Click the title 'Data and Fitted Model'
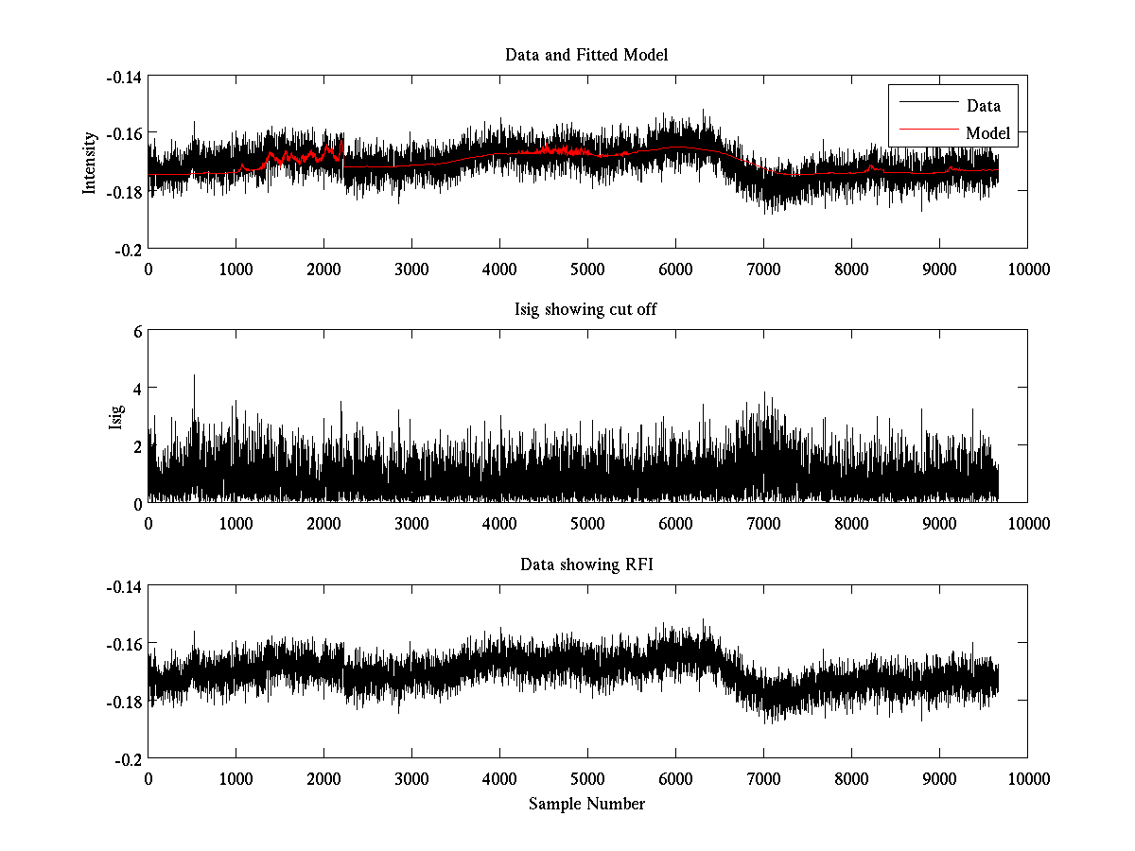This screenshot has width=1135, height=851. [586, 55]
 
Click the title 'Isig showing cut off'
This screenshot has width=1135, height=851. [586, 310]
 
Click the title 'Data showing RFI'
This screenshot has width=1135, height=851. [586, 565]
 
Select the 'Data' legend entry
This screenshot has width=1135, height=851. [983, 106]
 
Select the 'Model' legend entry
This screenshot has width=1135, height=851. [987, 133]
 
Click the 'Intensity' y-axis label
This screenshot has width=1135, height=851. [90, 162]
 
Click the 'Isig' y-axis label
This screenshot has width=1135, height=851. [115, 417]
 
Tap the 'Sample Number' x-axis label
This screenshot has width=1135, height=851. [586, 804]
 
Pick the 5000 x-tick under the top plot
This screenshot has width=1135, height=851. [587, 269]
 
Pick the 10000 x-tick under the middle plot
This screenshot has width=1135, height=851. [1027, 524]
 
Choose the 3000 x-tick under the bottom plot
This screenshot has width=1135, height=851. [411, 779]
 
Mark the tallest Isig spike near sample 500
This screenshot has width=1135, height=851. [194, 376]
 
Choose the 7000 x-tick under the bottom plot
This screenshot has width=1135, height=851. [763, 779]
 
